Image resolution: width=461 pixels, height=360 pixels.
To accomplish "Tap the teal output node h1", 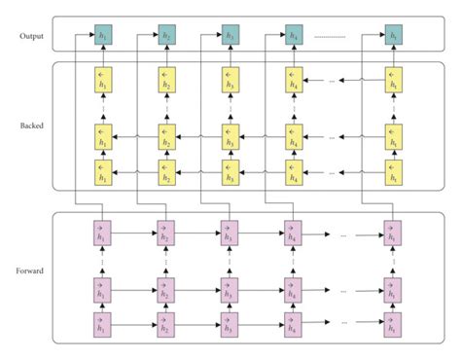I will click(100, 37).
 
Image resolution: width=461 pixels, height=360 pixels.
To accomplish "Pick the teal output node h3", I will click(230, 37).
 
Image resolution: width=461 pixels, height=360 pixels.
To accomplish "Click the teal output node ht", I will click(393, 37).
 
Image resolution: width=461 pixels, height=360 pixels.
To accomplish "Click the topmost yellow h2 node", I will click(165, 80).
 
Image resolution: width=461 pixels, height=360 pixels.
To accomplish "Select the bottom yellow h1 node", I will click(100, 173).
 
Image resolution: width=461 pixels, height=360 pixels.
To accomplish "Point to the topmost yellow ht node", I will click(393, 80).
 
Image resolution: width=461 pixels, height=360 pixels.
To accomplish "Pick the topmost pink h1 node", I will click(100, 234).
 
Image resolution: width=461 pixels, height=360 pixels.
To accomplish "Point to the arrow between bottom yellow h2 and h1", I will click(132, 173).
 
